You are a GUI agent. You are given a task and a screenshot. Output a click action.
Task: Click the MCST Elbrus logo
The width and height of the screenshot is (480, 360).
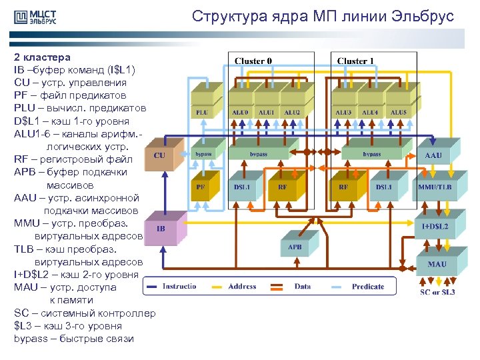[x=35, y=18]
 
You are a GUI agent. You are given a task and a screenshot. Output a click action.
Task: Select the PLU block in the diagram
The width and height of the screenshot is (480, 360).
[x=201, y=113]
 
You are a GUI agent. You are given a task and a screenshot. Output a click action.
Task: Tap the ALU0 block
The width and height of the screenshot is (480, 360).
[x=241, y=113]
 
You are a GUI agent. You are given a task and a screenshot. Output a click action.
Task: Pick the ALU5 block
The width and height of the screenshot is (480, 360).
[x=398, y=113]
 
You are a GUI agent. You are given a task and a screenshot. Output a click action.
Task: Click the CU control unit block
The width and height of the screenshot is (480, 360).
[x=160, y=155]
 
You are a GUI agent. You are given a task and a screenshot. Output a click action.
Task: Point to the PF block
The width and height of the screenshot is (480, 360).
[x=200, y=187]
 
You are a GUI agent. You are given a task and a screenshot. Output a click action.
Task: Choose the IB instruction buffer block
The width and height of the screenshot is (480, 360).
[x=161, y=229]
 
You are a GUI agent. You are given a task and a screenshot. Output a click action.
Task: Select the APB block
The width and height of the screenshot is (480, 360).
[x=294, y=247]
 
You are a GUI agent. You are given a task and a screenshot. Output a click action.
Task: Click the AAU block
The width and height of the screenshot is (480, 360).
[x=433, y=155]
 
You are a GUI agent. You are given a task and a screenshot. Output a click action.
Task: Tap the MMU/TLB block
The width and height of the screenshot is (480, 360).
[x=435, y=187]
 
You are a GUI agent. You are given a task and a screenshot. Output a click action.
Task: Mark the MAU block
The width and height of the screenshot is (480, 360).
[x=437, y=264]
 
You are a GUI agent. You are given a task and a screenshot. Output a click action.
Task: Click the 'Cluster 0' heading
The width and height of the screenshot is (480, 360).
[x=253, y=61]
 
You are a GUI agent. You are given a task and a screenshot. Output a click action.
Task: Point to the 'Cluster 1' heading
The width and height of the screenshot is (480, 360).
[x=355, y=61]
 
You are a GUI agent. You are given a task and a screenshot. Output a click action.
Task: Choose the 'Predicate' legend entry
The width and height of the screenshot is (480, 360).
[x=368, y=287]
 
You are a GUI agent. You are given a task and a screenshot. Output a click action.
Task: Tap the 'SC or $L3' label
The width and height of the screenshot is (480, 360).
[x=437, y=292]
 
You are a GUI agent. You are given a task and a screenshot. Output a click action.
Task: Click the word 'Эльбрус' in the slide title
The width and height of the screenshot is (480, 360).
[x=425, y=16]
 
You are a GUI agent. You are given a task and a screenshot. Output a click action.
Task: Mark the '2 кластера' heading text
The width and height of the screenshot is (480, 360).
[x=42, y=57]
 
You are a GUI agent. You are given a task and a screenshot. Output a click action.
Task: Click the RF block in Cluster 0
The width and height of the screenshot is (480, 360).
[x=283, y=187]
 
